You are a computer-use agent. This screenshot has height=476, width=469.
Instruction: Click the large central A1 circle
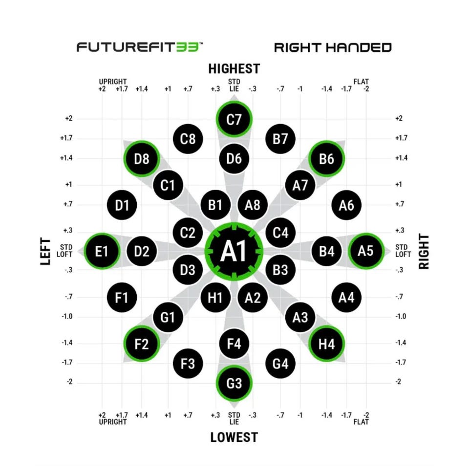[234, 251]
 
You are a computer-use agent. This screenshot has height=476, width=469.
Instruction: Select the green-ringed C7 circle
[234, 119]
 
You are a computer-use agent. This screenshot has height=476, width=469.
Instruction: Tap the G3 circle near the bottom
[234, 383]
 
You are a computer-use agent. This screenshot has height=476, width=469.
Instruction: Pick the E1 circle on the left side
[102, 251]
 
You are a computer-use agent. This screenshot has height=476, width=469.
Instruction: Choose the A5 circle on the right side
[366, 251]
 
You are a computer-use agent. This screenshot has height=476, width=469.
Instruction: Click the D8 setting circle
[142, 158]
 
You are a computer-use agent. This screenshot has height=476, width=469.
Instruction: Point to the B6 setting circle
[327, 158]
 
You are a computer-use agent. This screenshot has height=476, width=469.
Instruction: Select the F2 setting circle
[142, 344]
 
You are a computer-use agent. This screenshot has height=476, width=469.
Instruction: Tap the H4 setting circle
[327, 344]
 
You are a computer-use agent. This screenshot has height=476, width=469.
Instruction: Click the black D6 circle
[234, 158]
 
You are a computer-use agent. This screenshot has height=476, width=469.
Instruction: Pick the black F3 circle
[188, 364]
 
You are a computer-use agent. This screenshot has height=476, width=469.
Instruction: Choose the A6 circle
[346, 205]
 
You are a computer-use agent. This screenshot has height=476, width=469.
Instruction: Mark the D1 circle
[122, 205]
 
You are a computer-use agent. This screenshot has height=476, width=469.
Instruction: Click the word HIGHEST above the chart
[234, 68]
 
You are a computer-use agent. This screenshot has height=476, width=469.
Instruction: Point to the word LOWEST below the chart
[234, 437]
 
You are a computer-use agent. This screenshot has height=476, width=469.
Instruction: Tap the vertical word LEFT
[45, 251]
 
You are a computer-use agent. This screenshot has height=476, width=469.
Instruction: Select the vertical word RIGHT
[424, 251]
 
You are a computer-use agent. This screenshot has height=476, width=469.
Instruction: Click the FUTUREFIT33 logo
[140, 47]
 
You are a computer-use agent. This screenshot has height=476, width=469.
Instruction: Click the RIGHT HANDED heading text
[333, 47]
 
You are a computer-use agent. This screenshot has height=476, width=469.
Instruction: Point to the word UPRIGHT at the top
[113, 81]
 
